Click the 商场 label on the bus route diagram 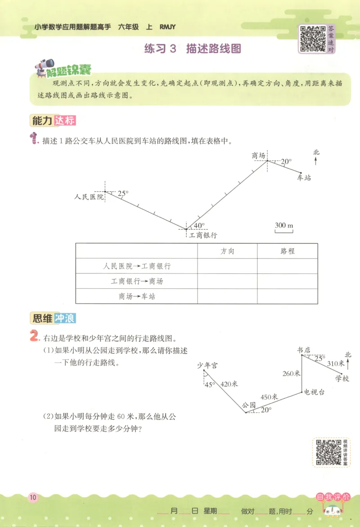coord(258,156)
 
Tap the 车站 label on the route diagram coord(304,178)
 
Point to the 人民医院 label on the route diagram coord(90,197)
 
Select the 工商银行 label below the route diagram coord(203,235)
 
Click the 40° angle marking coord(199,226)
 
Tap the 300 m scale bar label coord(283,225)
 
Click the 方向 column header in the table coord(227,251)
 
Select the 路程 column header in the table coord(287,251)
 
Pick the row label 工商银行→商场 coord(137,281)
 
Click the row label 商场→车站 coord(137,296)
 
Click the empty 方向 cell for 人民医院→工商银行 coord(227,266)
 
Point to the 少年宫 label coord(207,365)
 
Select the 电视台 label coord(314,392)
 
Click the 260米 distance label coord(291,373)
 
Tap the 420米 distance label coord(229,384)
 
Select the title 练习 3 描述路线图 coord(193,49)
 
